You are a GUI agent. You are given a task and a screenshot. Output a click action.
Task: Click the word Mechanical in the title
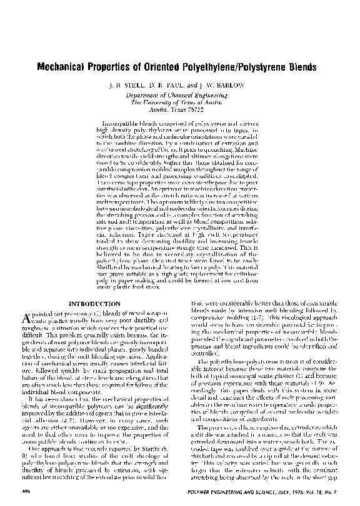(x=64, y=65)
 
